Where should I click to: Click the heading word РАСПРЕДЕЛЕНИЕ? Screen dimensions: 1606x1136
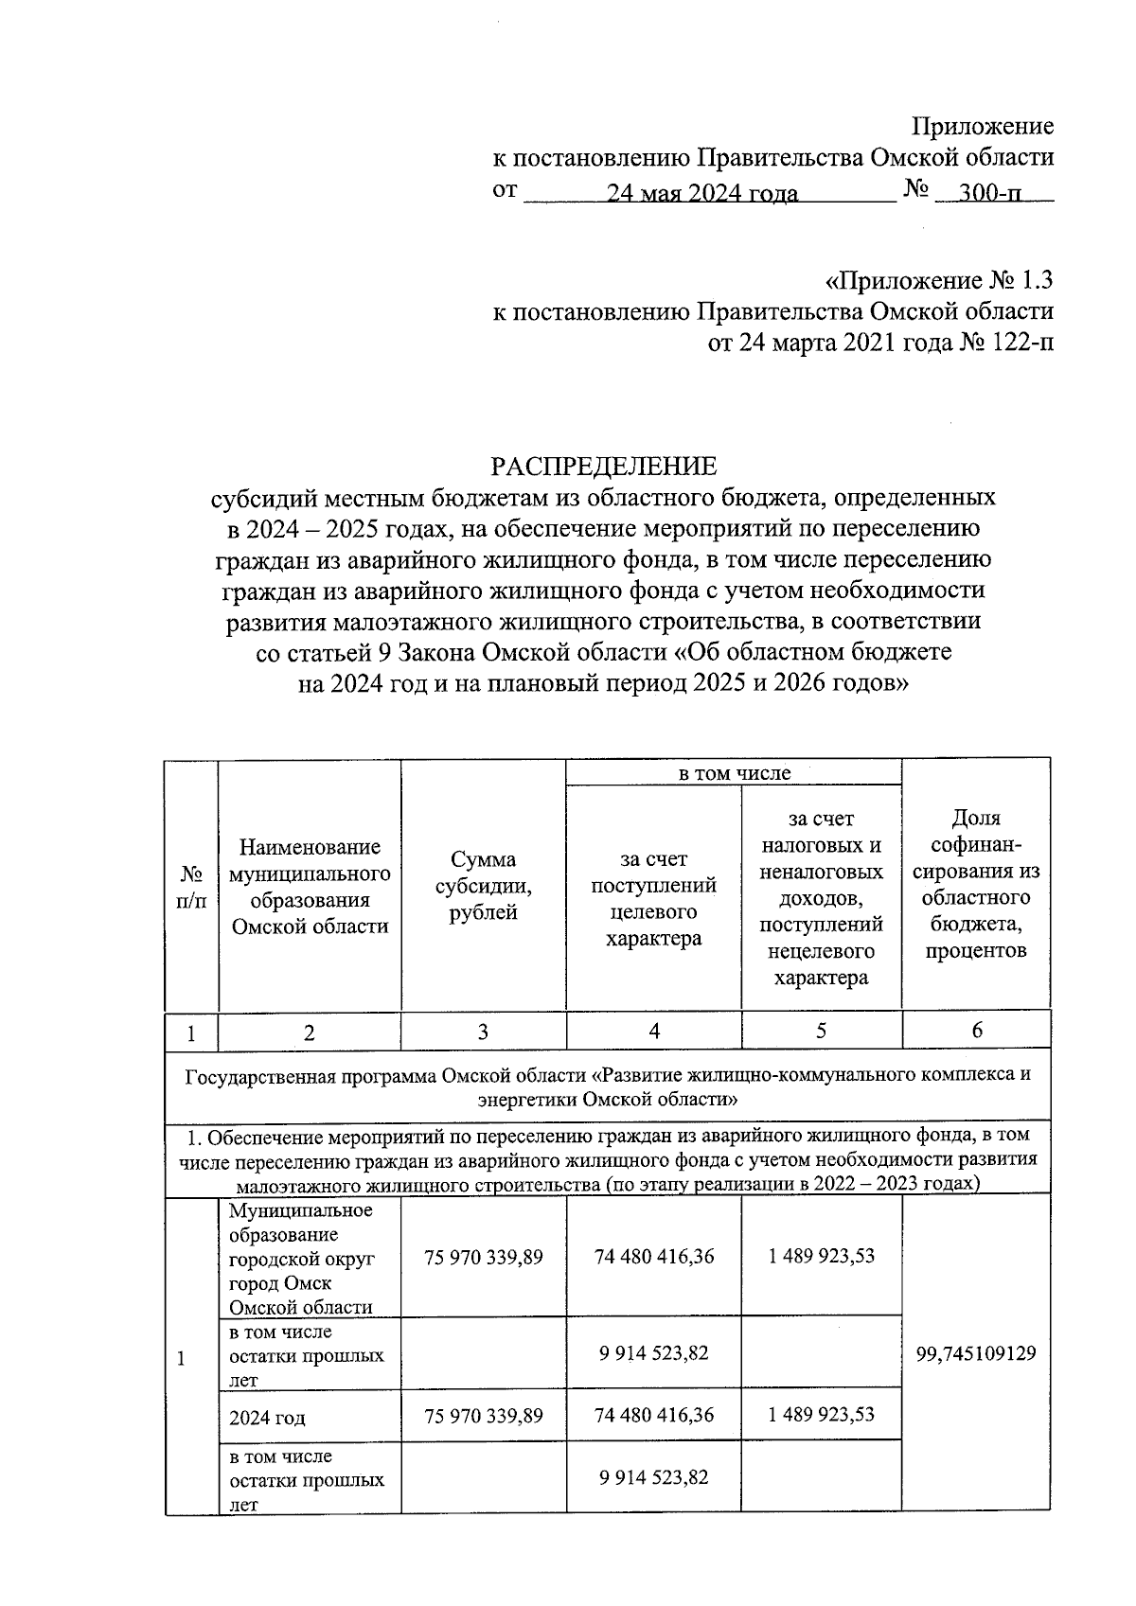tap(603, 467)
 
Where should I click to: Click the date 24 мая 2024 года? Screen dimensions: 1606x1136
tap(702, 193)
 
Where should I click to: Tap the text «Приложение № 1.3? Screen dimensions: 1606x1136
tap(939, 281)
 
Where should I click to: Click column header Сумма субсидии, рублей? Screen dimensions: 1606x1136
tap(483, 886)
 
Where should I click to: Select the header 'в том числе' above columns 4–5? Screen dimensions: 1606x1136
tap(734, 773)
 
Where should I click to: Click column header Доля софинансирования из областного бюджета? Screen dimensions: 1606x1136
tap(976, 884)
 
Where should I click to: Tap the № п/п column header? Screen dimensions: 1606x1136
tap(191, 886)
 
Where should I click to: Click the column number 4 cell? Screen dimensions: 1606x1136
tap(654, 1031)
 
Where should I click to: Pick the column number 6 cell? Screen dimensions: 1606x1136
tap(976, 1031)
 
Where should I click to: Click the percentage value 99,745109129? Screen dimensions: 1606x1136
tap(976, 1353)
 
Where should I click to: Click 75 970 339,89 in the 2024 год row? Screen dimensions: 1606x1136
tap(484, 1416)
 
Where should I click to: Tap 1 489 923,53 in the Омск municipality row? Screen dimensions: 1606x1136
tap(821, 1256)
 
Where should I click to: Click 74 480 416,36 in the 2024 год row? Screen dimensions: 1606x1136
tap(654, 1416)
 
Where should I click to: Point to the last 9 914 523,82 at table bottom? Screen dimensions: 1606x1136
tap(654, 1477)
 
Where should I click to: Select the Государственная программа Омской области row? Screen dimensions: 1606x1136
tap(607, 1086)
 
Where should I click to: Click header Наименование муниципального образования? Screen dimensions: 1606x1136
tap(310, 886)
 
